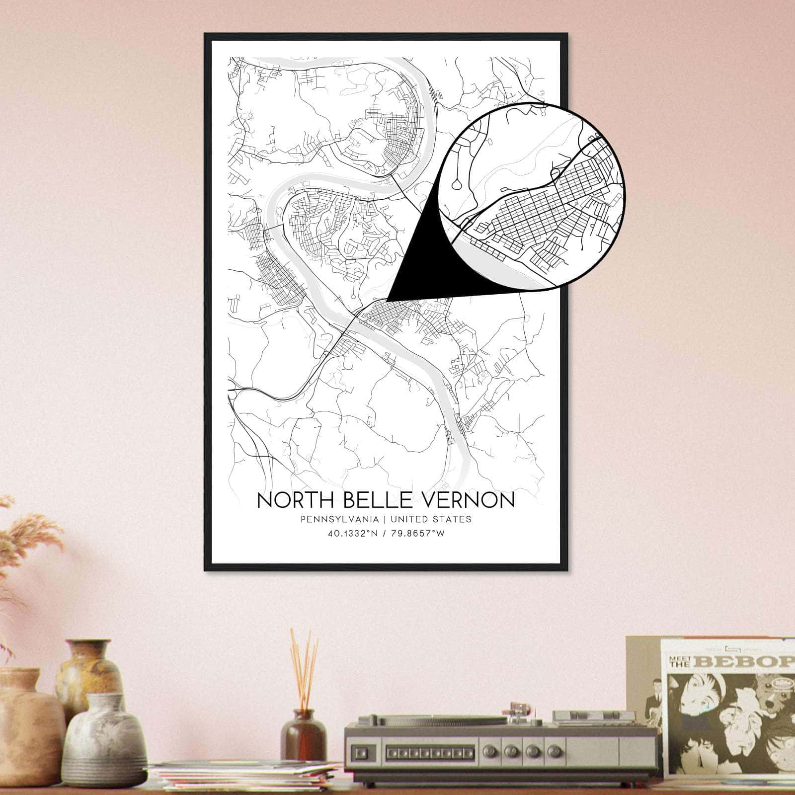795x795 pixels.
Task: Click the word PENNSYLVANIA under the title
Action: click(339, 519)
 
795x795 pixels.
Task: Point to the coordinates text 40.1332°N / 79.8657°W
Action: click(385, 534)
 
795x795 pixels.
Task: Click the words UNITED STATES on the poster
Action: click(431, 519)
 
